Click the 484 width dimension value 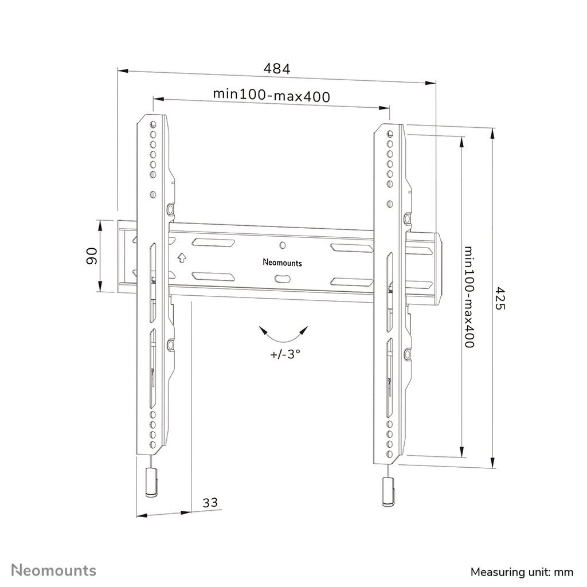coord(277,68)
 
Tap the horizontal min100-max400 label coord(271,95)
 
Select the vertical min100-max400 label coord(469,297)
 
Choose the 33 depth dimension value coord(210,503)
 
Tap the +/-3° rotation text coord(285,354)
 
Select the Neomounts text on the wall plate coord(282,263)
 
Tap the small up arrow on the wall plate coord(181,257)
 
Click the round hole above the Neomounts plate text coord(282,245)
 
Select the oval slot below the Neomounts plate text coord(283,279)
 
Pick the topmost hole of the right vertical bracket coord(390,134)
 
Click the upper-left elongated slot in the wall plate coord(213,243)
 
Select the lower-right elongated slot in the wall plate coord(349,280)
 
